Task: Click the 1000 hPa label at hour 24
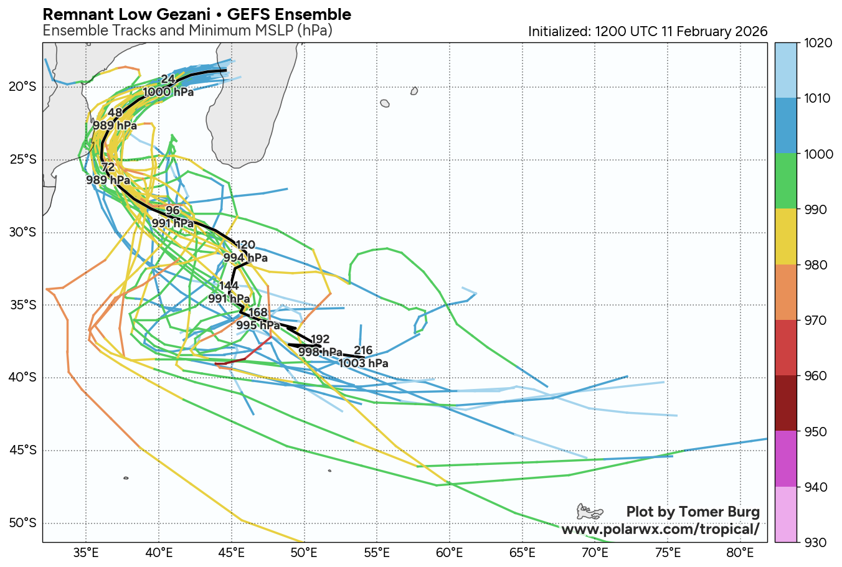(x=168, y=92)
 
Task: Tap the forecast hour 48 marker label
(x=115, y=113)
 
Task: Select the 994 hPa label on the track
(x=245, y=258)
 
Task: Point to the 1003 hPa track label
(x=363, y=363)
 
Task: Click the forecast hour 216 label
(x=363, y=350)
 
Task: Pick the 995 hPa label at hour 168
(x=258, y=325)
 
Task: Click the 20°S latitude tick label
(x=22, y=87)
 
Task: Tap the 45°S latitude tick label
(x=22, y=450)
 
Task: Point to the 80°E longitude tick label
(x=740, y=553)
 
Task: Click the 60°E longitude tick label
(x=449, y=553)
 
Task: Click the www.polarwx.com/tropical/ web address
(x=660, y=529)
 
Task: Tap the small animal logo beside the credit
(x=589, y=512)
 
